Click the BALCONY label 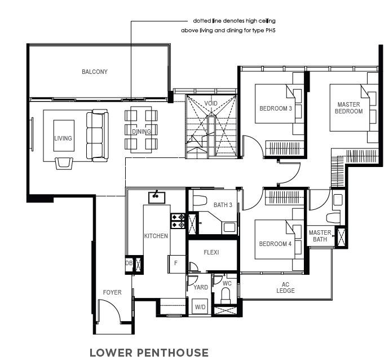(95, 72)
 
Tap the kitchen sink (157, 197)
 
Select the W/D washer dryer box (200, 306)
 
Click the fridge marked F (176, 264)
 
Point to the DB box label (129, 263)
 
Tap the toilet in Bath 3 (200, 201)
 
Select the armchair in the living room (64, 164)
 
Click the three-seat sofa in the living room (98, 135)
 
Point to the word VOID (211, 103)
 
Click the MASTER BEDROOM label (348, 108)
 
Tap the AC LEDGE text (285, 288)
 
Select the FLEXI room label (211, 252)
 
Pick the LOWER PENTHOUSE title (149, 353)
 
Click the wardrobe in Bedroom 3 (285, 148)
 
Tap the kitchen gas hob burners (178, 221)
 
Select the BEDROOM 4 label (275, 244)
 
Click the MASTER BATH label (320, 236)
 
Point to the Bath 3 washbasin (229, 227)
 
